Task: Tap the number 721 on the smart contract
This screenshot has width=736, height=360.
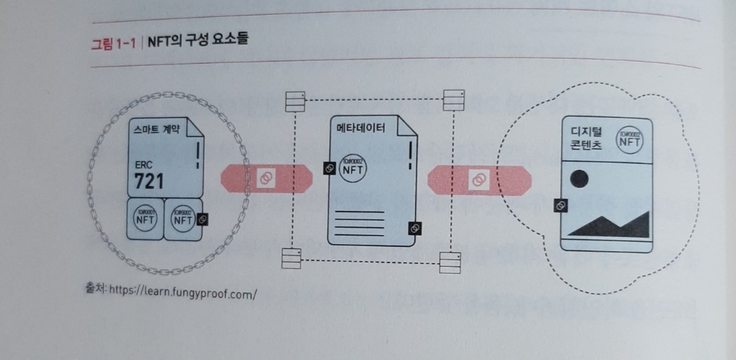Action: pyautogui.click(x=149, y=182)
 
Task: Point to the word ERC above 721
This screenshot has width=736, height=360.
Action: pyautogui.click(x=144, y=165)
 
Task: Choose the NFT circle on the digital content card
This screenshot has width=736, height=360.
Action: pyautogui.click(x=629, y=140)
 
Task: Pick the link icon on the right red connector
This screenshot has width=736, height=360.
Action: pyautogui.click(x=477, y=181)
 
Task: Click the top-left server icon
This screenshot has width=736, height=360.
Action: pyautogui.click(x=292, y=101)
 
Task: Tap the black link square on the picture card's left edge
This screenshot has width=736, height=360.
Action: pyautogui.click(x=560, y=206)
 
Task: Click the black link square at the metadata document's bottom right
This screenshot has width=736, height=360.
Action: pyautogui.click(x=415, y=228)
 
